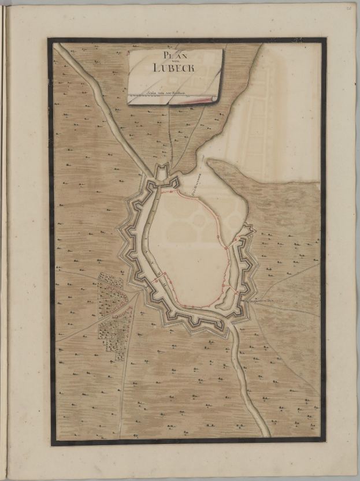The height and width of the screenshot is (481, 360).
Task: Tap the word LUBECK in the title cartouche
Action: [x=173, y=68]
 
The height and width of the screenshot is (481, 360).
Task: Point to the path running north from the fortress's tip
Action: [x=169, y=139]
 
